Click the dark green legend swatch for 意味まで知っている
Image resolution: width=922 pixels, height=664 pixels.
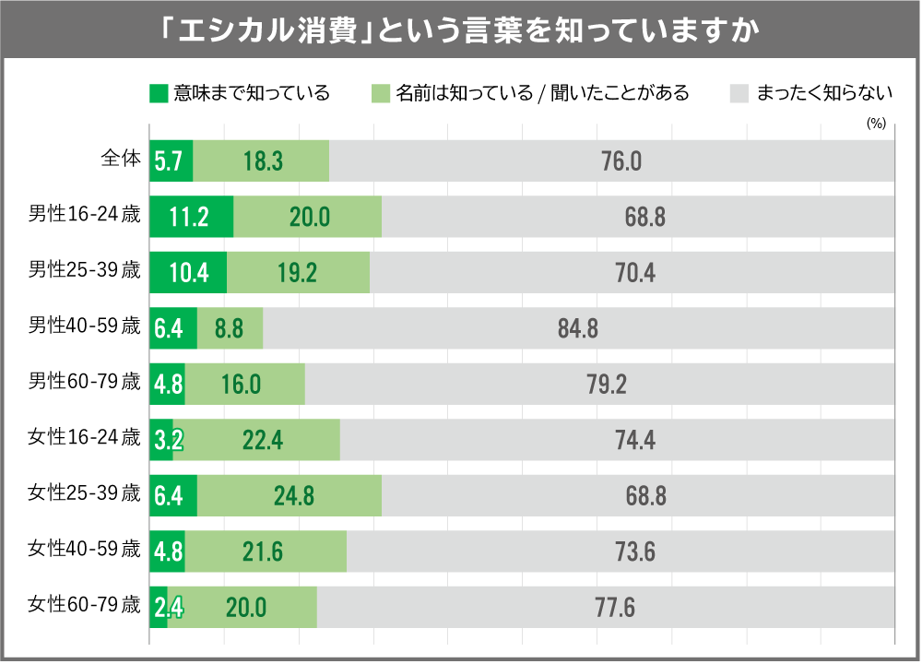coord(159,93)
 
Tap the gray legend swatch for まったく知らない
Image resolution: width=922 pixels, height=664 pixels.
coord(739,93)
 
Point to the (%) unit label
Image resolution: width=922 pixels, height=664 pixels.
coord(875,123)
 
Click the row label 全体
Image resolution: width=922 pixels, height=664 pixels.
coord(120,160)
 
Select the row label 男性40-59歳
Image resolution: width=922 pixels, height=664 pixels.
coord(84,327)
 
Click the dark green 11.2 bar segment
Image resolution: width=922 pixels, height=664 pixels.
coord(191,217)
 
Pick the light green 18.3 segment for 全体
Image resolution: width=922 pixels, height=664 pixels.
coord(262,160)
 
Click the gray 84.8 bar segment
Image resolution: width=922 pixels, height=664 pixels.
coord(578,328)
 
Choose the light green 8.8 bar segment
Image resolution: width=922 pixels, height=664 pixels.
coord(230,328)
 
